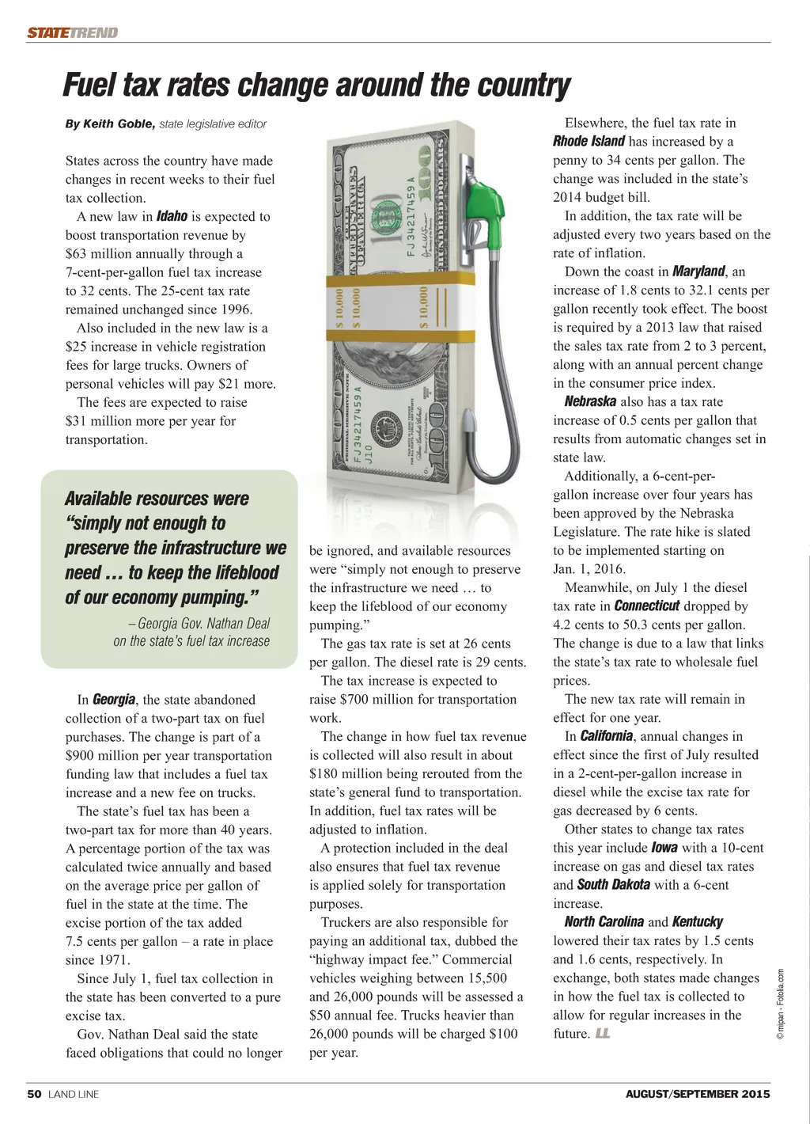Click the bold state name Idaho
(172, 216)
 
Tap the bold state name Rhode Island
(589, 142)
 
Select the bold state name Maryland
(698, 272)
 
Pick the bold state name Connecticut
(646, 606)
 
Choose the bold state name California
(606, 736)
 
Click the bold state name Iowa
(664, 847)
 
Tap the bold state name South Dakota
(613, 884)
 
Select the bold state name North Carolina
(604, 921)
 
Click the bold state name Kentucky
(697, 921)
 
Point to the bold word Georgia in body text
(114, 700)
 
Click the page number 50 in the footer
(34, 1095)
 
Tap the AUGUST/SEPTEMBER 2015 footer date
(697, 1095)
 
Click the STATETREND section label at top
(72, 32)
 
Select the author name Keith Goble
(119, 124)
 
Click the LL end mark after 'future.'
(603, 1034)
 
